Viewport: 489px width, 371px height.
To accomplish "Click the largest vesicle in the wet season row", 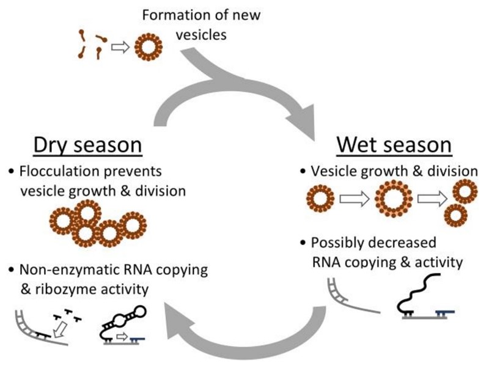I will pyautogui.click(x=394, y=200).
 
